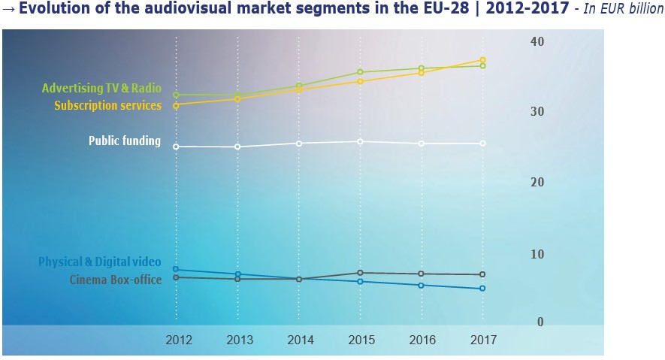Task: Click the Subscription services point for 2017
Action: tap(482, 60)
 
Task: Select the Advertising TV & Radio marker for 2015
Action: tap(360, 72)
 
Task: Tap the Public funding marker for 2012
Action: tap(176, 147)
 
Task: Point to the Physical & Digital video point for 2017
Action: tap(482, 289)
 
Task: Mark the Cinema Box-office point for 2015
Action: tap(360, 273)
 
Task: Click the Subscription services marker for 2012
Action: tap(176, 106)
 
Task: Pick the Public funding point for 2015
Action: tap(360, 141)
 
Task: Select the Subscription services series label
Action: tap(107, 106)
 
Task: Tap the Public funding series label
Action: tap(124, 141)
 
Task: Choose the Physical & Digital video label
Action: tap(100, 262)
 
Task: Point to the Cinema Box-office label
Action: tap(115, 280)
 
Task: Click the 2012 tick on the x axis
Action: tap(179, 340)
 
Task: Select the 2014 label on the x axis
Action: tap(301, 340)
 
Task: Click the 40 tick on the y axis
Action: tap(536, 41)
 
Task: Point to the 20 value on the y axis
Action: tap(536, 183)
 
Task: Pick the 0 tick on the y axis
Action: tap(540, 322)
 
